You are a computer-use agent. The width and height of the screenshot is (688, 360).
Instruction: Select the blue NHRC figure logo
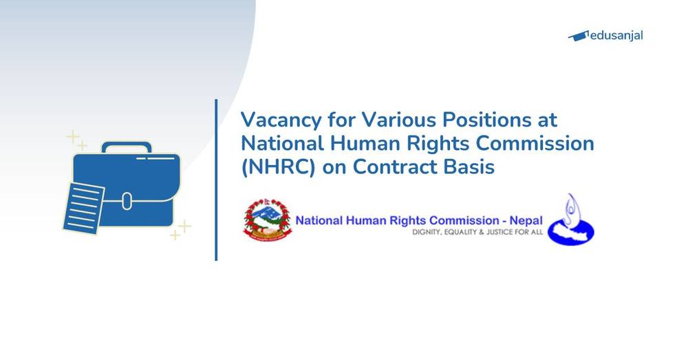[x=570, y=220]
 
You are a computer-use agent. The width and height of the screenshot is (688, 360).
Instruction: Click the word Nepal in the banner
[x=526, y=221]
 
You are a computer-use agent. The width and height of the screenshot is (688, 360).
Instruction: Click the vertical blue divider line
[x=216, y=180]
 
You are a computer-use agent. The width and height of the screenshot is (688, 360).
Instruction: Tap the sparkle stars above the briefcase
[x=76, y=140]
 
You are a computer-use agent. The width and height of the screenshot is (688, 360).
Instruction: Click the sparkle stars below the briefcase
[x=181, y=230]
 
